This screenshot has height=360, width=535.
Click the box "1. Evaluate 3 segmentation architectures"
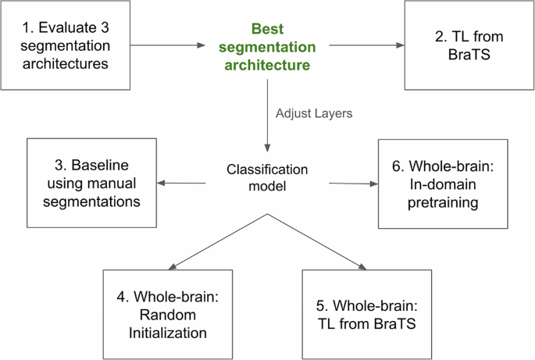65,45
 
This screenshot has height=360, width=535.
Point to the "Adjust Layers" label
314,113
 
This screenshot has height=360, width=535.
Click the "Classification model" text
267,176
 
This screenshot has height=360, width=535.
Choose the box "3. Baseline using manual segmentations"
91,184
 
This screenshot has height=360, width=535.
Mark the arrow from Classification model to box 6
353,184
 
